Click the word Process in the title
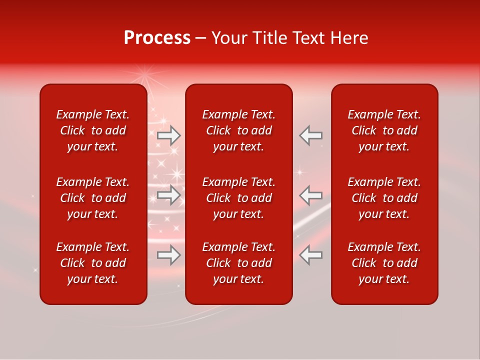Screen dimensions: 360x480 [x=157, y=38]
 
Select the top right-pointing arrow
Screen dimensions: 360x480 [x=169, y=135]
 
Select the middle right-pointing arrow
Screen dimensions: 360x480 [x=169, y=195]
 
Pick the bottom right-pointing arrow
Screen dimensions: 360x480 [x=169, y=255]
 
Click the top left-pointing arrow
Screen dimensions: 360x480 [x=310, y=135]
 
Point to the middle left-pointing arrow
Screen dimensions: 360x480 [x=310, y=195]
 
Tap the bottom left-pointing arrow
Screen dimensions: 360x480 [x=310, y=255]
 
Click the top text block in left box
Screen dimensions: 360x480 [x=93, y=130]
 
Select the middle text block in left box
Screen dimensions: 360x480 [x=93, y=198]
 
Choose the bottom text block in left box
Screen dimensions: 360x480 [x=93, y=263]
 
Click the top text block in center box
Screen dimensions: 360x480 [x=239, y=130]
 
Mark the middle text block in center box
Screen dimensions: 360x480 [x=239, y=198]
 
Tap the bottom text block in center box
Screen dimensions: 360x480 [x=239, y=263]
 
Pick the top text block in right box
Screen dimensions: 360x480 [x=384, y=130]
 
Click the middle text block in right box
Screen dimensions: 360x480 [x=384, y=198]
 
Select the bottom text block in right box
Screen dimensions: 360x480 [x=384, y=263]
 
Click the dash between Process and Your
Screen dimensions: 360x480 [x=200, y=38]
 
